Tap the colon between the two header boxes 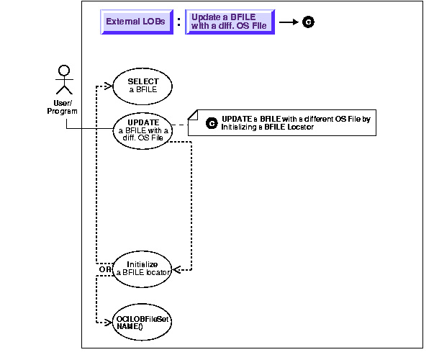178,22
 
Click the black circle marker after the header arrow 309,22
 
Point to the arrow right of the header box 288,22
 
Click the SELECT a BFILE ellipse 143,86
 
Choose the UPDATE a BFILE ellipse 143,130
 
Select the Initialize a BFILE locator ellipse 143,268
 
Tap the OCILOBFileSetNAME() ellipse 143,322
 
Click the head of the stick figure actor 65,71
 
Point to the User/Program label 67,107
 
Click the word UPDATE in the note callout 236,118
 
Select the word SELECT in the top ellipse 143,81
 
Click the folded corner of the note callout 192,114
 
